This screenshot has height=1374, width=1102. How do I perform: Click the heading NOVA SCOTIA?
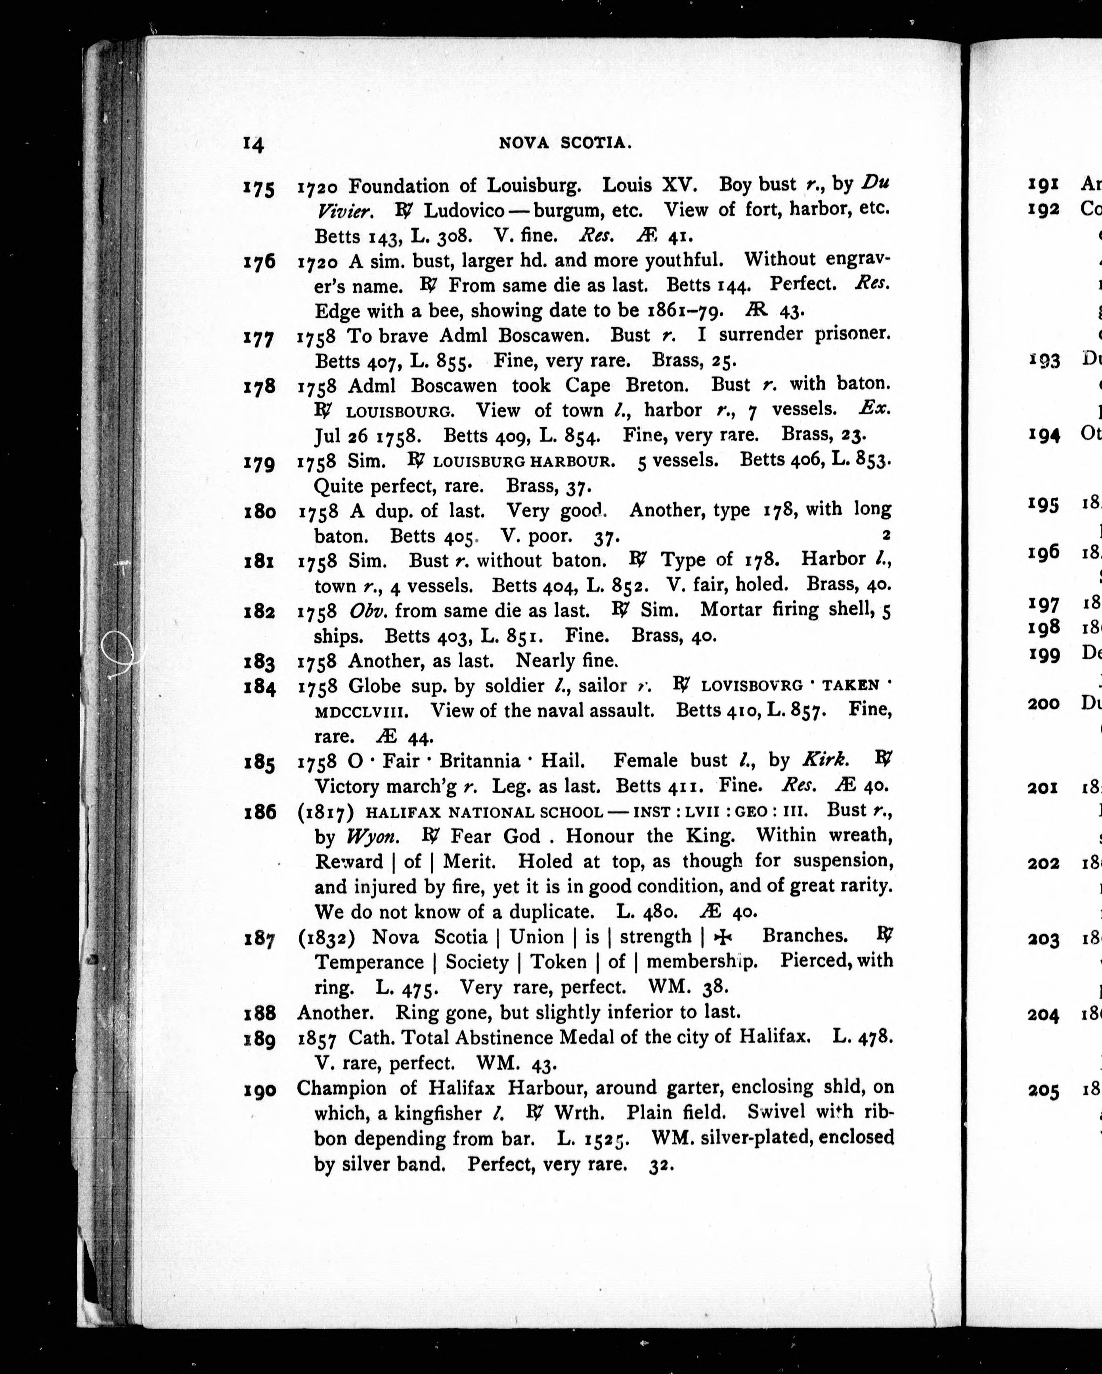click(565, 144)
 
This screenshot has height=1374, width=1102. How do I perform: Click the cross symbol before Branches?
click(722, 936)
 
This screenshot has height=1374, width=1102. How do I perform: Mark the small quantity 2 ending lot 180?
click(886, 535)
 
